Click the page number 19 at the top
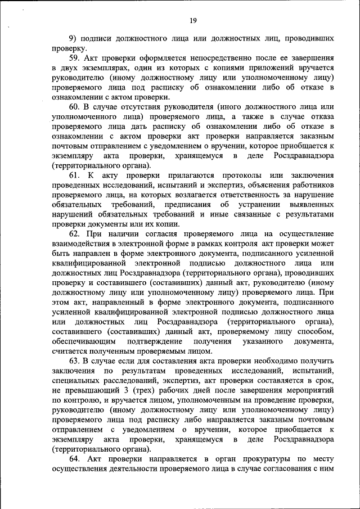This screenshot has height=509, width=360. point(193,21)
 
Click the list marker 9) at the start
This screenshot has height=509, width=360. point(73,38)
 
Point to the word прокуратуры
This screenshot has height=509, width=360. point(266,458)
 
